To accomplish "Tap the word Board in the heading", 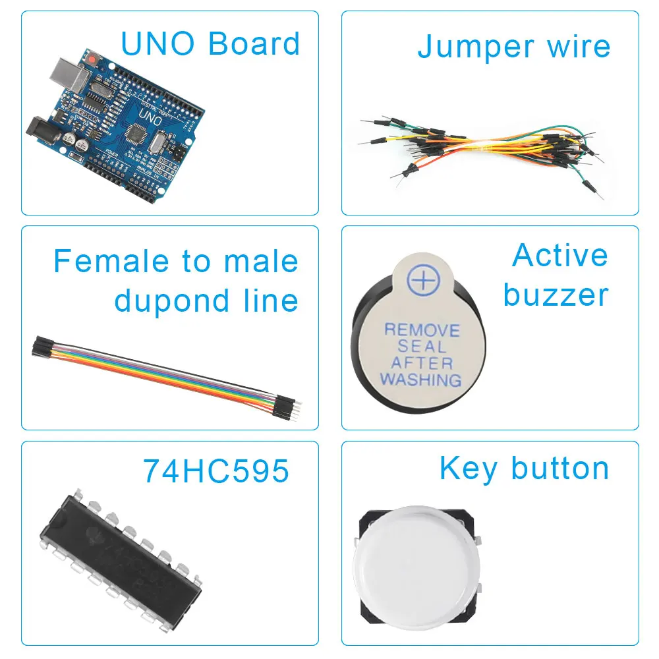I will pos(254,43).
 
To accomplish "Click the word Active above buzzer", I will pos(559,256).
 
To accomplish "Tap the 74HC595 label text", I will pos(216,471).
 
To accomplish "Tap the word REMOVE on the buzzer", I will pos(422,329).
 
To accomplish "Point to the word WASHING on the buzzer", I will pos(421,380).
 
